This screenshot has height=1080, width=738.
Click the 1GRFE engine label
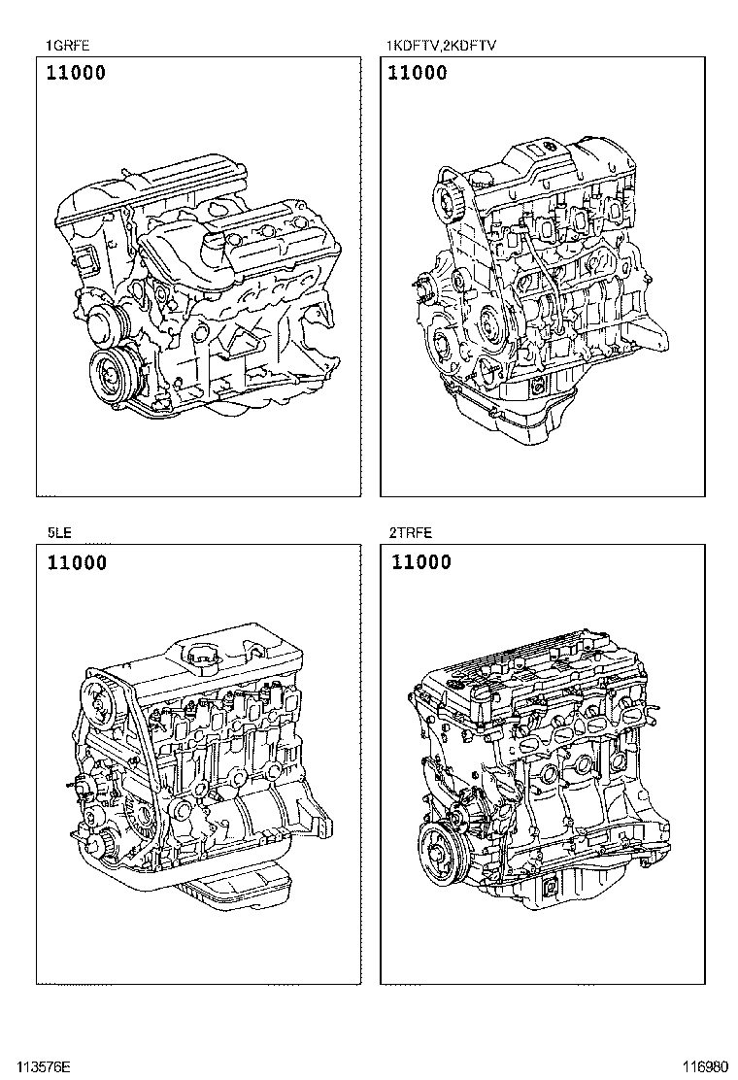pos(67,47)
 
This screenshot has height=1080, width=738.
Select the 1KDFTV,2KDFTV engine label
pos(441,47)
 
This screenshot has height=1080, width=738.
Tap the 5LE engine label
pos(59,532)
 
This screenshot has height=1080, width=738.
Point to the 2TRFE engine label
pos(411,532)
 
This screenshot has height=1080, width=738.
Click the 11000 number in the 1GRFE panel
pos(76,72)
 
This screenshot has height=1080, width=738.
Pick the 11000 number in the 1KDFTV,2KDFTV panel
pos(418,72)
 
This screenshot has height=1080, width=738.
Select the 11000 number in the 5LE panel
pos(77,562)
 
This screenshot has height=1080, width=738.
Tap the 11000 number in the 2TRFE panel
pos(421,562)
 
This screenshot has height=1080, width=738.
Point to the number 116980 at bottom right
pos(705,1068)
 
